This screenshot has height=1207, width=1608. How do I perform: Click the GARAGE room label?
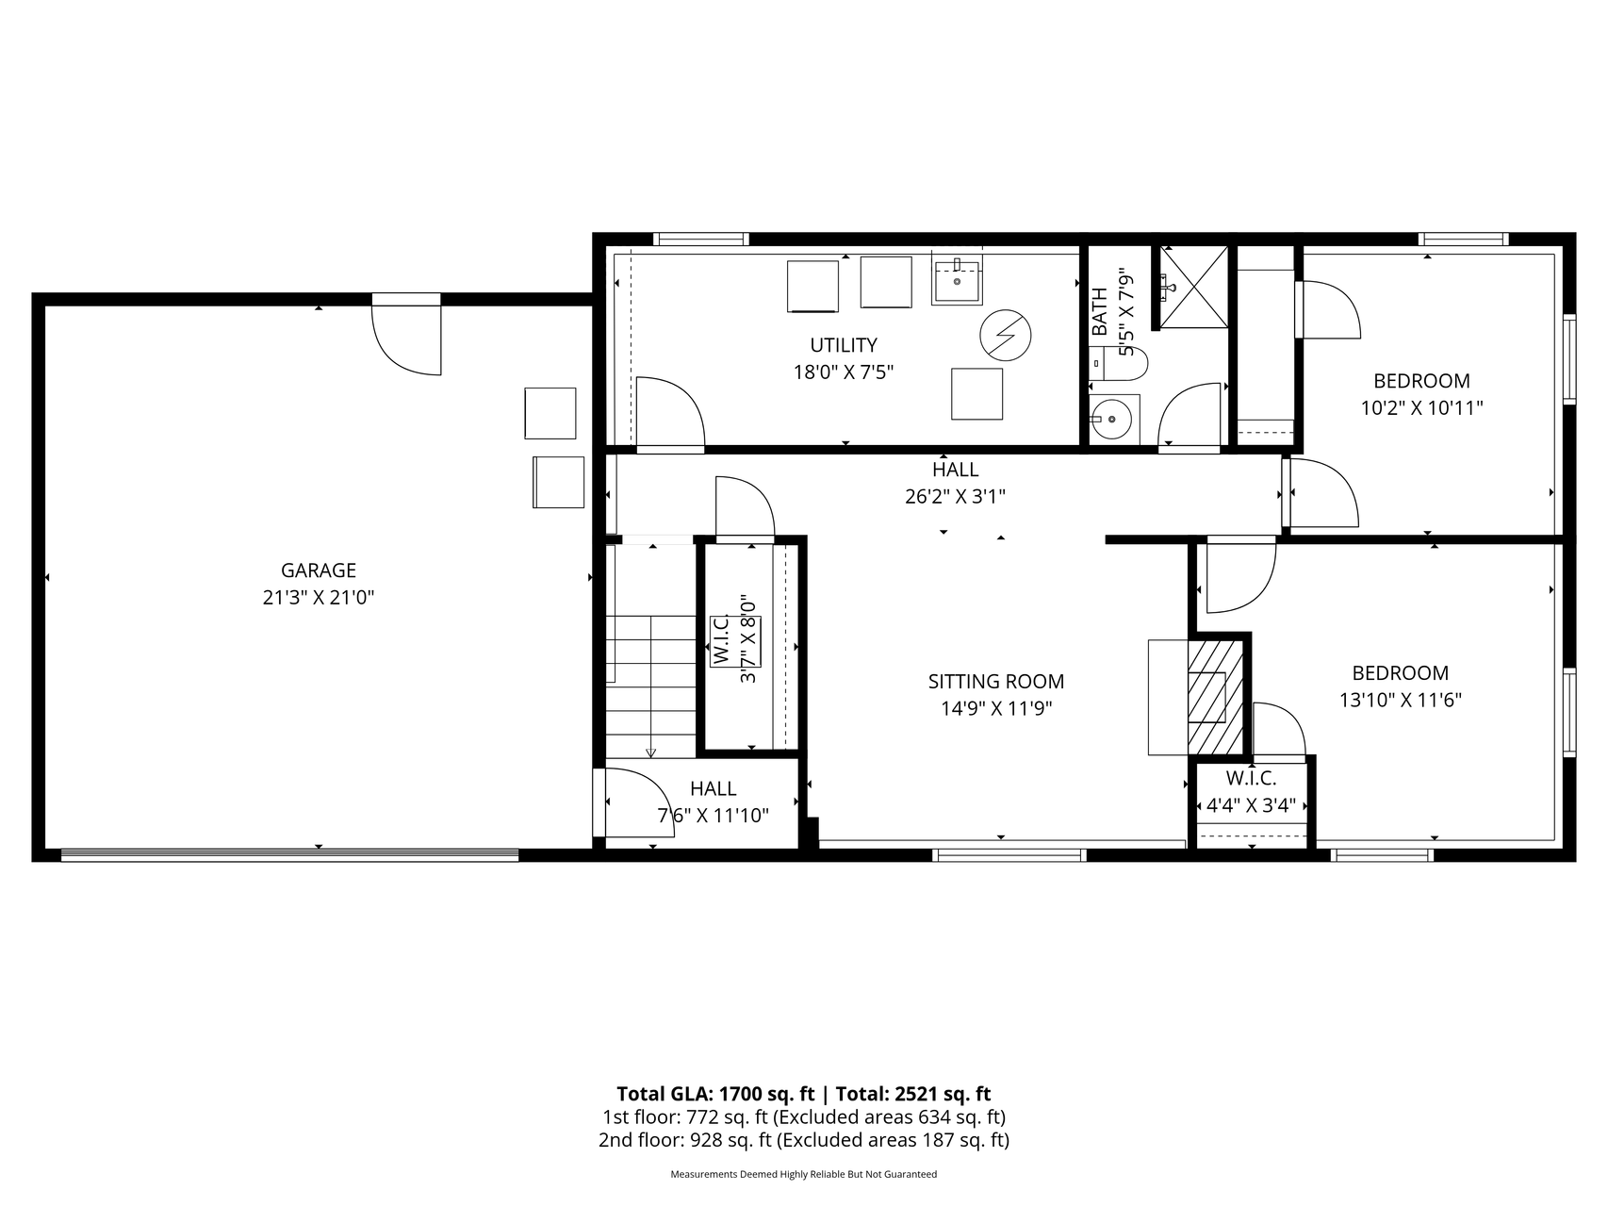tap(319, 570)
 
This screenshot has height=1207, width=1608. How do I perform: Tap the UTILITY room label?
tap(844, 345)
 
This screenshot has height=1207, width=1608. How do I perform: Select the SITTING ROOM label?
tap(996, 682)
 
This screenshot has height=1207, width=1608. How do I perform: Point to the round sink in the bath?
tap(1115, 419)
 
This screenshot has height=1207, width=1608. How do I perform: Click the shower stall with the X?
tap(1193, 287)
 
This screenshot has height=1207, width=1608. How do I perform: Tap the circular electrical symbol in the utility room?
tap(1006, 336)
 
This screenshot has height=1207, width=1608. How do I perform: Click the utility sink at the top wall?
tap(958, 277)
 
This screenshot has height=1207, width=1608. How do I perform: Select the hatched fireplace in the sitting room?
tap(1216, 697)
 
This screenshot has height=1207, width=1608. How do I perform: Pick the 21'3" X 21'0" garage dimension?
tap(319, 598)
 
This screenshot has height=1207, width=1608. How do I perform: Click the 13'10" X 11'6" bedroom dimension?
tap(1400, 701)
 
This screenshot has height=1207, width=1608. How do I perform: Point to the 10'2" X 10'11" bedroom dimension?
tap(1421, 408)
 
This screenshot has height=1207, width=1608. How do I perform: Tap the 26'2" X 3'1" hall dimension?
tap(955, 497)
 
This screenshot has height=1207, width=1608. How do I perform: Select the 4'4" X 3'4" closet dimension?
tap(1251, 806)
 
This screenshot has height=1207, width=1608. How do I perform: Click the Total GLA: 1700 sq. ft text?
tap(715, 1094)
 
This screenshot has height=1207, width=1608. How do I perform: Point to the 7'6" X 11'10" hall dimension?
tap(713, 816)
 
